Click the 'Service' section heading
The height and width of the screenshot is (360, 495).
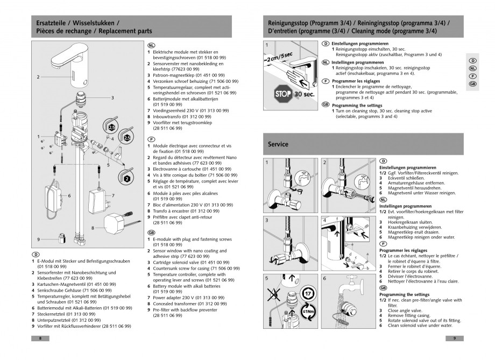point(278,144)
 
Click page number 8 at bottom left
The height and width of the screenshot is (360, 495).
point(40,338)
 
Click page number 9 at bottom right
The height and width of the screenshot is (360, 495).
point(455,338)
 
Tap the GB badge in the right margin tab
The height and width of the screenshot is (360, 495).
point(472,84)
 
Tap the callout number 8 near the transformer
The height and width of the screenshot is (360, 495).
point(94,228)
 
